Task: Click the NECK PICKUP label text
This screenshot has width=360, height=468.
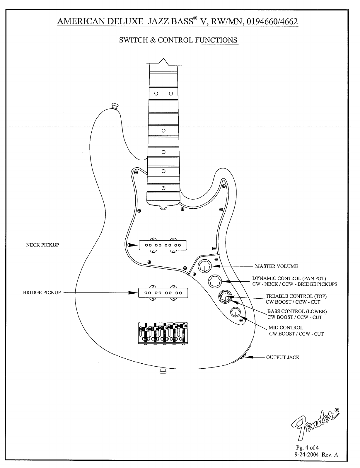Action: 42,245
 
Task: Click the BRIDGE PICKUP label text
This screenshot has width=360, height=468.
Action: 42,292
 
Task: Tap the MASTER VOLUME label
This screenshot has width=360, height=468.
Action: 276,266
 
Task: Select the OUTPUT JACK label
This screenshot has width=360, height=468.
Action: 283,358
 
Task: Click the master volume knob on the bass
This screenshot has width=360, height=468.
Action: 204,266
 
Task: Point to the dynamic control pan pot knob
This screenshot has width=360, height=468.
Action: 215,281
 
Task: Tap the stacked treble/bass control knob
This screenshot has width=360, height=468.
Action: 225,297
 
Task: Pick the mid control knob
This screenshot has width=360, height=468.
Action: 236,312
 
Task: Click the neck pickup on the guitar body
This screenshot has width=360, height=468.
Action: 163,245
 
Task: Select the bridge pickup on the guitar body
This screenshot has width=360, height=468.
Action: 163,293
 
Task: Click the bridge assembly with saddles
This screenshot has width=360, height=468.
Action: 163,333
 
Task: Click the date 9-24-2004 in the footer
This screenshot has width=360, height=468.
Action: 307,455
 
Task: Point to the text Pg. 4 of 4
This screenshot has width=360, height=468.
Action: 307,447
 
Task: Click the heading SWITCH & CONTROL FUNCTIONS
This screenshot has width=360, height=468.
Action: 178,40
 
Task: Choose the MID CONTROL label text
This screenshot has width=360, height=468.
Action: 286,328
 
